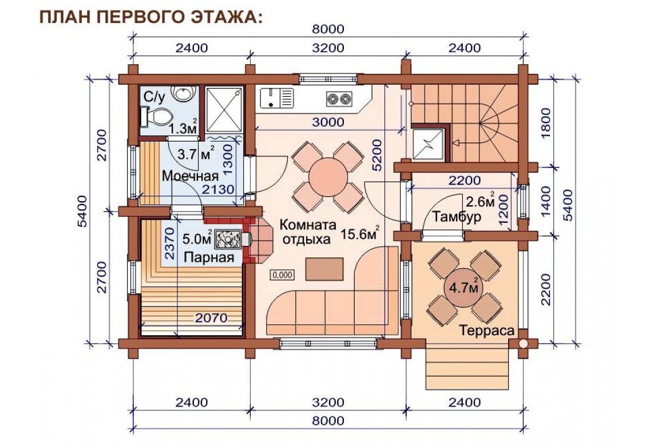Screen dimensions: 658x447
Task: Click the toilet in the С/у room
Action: (x=157, y=116)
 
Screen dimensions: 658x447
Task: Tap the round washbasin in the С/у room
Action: (x=184, y=93)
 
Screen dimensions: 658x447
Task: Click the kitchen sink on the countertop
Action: (x=277, y=97)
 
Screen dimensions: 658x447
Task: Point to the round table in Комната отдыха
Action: (x=328, y=177)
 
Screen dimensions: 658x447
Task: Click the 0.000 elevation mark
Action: (x=283, y=275)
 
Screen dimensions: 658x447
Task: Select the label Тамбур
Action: (x=457, y=217)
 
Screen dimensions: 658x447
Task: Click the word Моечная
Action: (x=190, y=175)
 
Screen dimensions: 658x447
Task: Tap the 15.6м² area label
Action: (x=360, y=234)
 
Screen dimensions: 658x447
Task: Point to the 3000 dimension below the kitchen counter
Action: (x=328, y=122)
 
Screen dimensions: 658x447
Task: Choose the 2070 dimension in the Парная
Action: (x=211, y=317)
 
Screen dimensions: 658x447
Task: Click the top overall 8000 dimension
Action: (x=328, y=29)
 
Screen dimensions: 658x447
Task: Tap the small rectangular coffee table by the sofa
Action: (x=324, y=269)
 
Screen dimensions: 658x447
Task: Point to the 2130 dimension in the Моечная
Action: (x=218, y=190)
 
